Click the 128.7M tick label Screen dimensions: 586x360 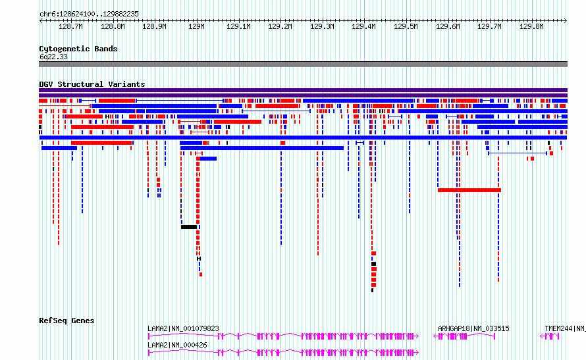(x=70, y=26)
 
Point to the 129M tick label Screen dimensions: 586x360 (x=196, y=26)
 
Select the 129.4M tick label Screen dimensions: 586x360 (x=363, y=26)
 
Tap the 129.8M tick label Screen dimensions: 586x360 (x=531, y=26)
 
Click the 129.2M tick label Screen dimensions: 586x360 (x=280, y=26)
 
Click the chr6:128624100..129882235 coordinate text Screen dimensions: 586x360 (x=89, y=14)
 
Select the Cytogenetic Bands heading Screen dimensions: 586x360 (x=78, y=49)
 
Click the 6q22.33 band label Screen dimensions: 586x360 (x=53, y=57)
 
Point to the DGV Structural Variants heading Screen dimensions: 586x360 (x=92, y=84)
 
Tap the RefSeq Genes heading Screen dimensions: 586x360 (x=67, y=321)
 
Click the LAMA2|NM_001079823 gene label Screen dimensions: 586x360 (x=183, y=328)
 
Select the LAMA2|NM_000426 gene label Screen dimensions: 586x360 (x=177, y=345)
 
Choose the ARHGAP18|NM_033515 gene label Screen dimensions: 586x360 (x=473, y=328)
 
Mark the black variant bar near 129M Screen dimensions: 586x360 (x=189, y=227)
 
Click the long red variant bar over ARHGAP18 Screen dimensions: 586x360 (x=469, y=190)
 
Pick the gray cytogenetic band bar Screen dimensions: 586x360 (x=303, y=64)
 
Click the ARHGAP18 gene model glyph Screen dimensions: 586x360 (x=464, y=336)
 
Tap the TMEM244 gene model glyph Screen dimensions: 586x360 (x=550, y=336)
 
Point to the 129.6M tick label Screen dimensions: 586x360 (x=448, y=26)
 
